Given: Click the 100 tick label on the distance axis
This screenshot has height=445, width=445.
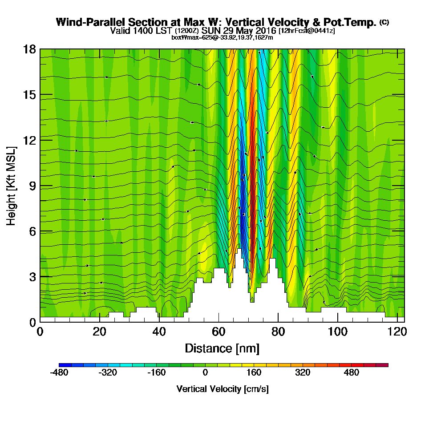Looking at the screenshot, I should coord(338,332).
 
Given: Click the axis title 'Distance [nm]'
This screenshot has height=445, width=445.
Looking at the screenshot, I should coord(222,348).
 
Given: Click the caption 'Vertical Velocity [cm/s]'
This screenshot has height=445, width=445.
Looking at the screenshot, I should coord(222,389).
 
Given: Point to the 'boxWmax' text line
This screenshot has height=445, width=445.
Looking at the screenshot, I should coord(222,37).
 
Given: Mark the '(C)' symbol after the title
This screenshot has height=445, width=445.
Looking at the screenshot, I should coord(384,22).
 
